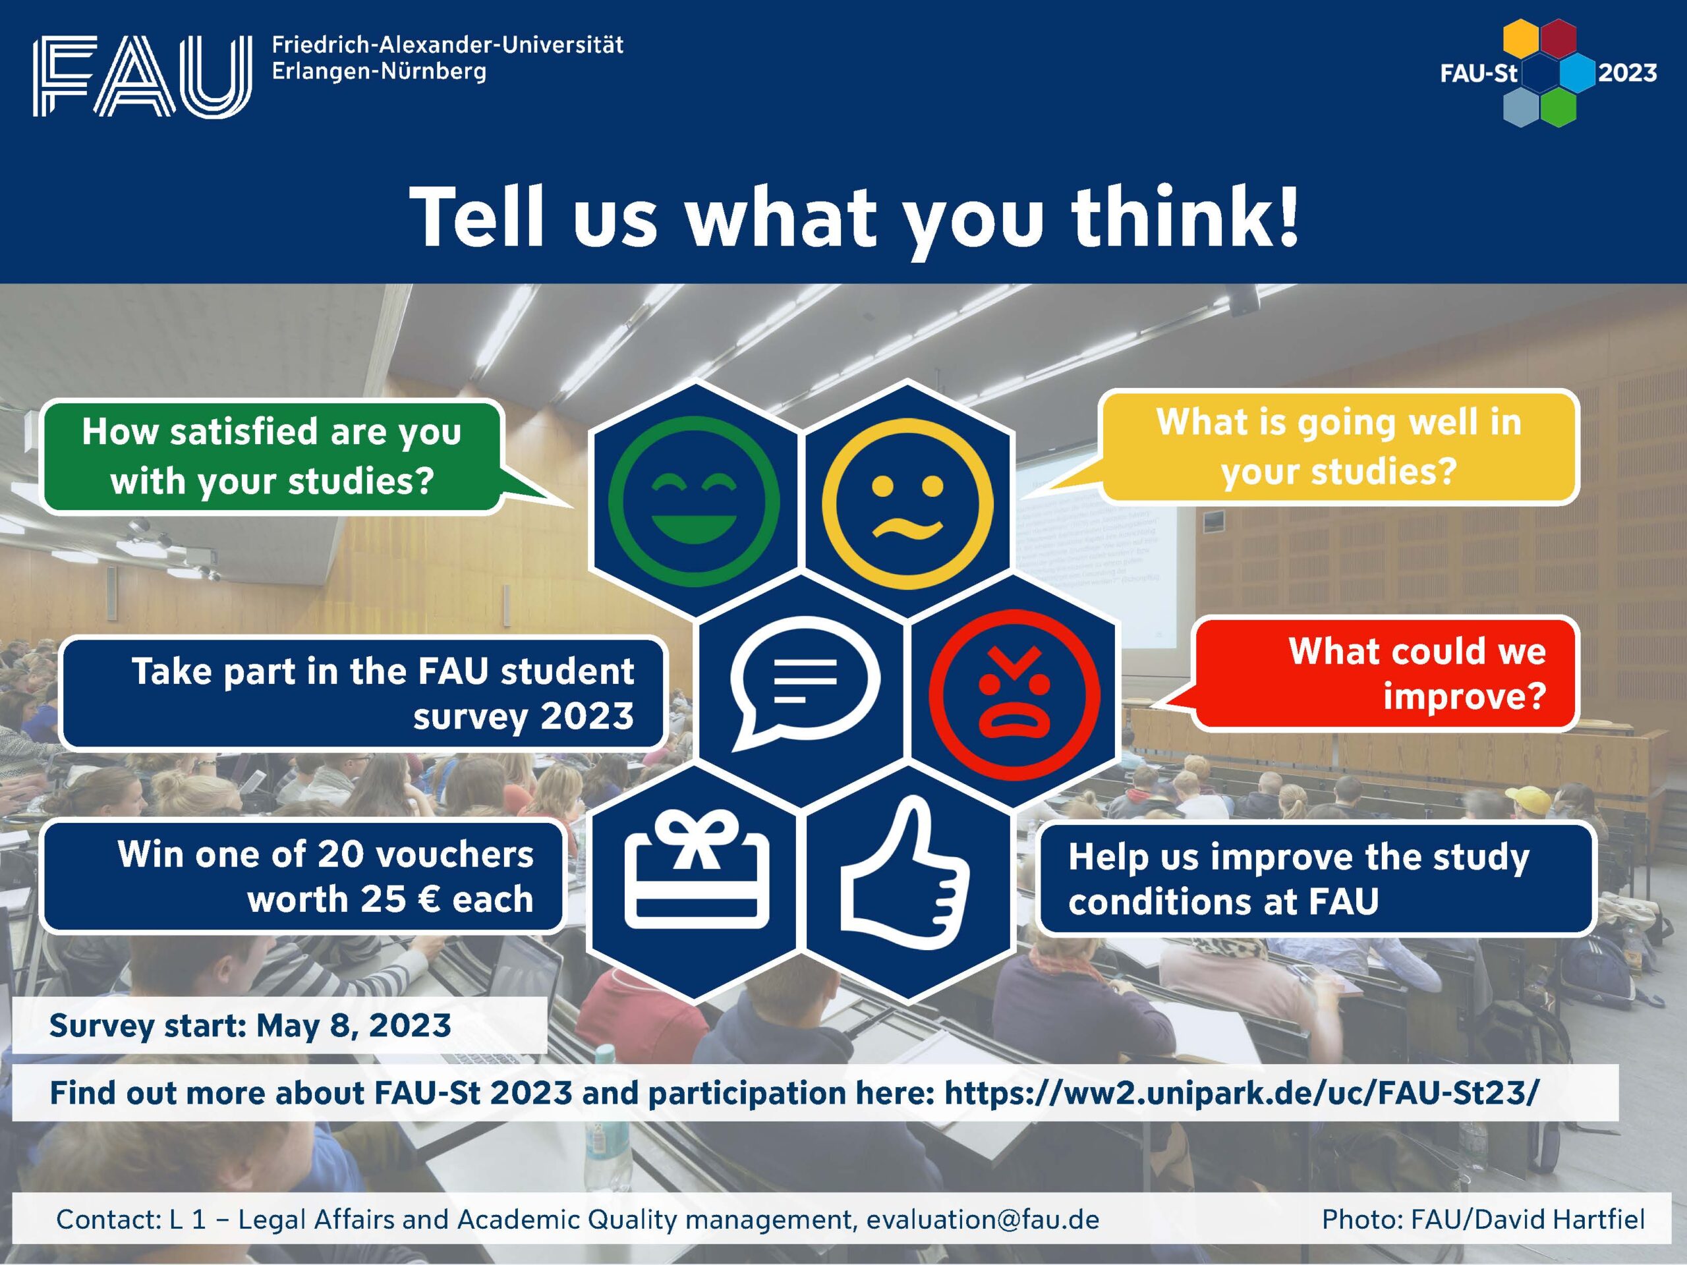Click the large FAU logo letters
[142, 76]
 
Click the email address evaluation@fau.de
[983, 1220]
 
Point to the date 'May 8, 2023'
[354, 1026]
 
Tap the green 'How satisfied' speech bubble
[290, 456]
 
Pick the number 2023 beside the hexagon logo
[1627, 73]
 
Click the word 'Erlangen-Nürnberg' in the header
[379, 72]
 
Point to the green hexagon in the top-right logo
[1557, 107]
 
